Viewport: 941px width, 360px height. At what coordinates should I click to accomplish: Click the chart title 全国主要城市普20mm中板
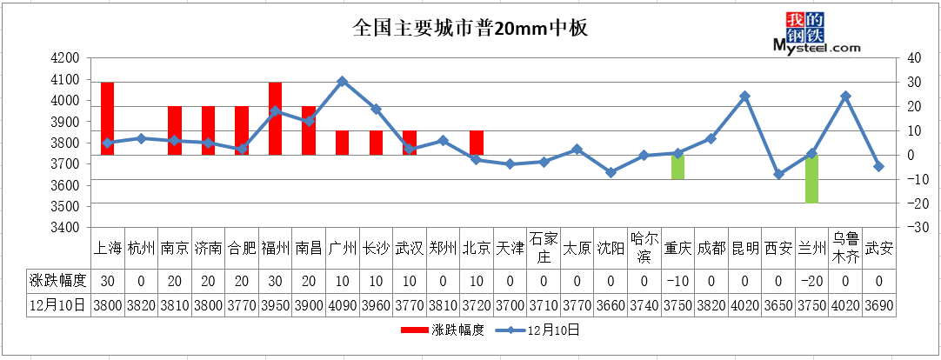click(x=470, y=28)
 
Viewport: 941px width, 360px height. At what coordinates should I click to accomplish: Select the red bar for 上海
click(x=108, y=119)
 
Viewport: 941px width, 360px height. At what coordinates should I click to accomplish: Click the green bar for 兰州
click(x=812, y=179)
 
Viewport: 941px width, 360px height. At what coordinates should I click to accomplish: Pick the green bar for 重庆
click(x=678, y=167)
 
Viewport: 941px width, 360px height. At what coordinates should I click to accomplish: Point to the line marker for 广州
click(x=342, y=82)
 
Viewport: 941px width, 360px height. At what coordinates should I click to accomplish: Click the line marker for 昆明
click(x=744, y=96)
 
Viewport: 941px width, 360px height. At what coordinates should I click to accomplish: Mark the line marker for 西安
click(x=778, y=175)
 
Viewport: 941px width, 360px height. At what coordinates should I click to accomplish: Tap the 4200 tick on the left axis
click(x=66, y=58)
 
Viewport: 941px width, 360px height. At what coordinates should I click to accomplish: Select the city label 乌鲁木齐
click(x=845, y=248)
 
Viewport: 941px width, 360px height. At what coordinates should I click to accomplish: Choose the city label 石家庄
click(x=544, y=248)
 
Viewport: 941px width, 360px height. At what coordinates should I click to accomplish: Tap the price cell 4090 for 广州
click(x=342, y=305)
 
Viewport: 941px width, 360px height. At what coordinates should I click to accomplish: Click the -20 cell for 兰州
click(x=812, y=280)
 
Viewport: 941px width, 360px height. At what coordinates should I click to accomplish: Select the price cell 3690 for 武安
click(x=878, y=305)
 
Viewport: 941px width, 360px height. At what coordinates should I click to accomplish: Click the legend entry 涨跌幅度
click(x=443, y=330)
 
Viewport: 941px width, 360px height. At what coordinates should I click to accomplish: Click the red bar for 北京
click(x=477, y=143)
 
